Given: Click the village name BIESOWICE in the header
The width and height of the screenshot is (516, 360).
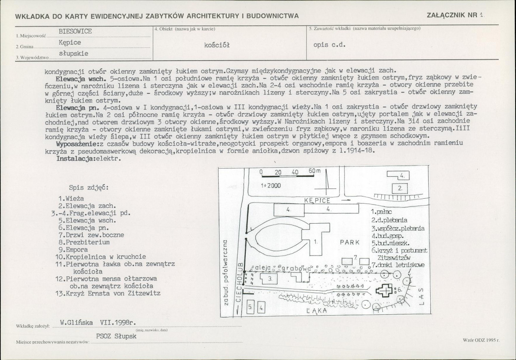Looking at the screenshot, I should [75, 31].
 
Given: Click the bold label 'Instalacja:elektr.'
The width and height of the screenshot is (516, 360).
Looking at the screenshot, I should [89, 158].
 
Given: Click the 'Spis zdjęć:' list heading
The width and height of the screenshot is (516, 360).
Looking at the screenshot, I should [89, 188].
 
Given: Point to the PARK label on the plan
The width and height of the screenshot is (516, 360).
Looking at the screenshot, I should [349, 243].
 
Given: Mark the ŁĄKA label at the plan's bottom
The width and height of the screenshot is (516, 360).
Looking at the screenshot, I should [315, 310].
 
